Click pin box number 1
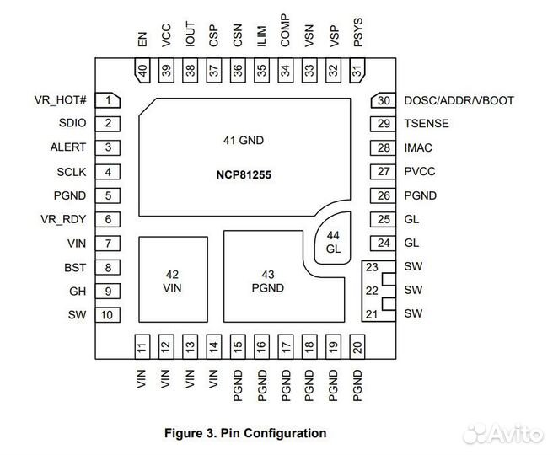tap(109, 100)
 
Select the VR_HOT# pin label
tap(60, 100)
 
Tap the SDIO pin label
tap(72, 124)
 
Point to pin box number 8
tap(109, 267)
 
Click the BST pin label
tap(75, 267)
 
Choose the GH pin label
tap(77, 292)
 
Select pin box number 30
tap(384, 100)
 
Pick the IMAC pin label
tap(418, 147)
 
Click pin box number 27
tap(384, 172)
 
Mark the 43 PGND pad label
tap(267, 281)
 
